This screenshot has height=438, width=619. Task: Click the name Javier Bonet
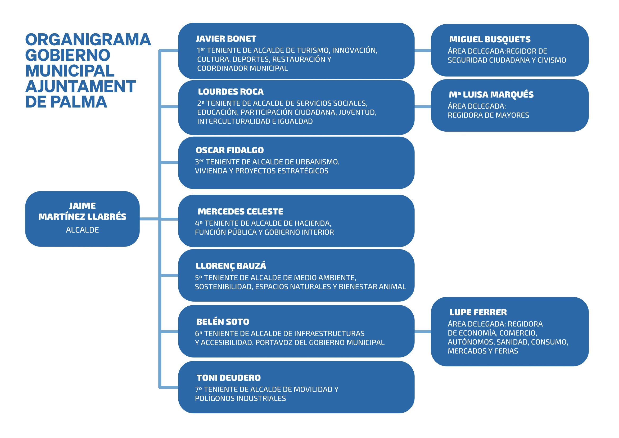[x=226, y=39]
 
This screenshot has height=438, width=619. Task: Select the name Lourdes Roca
[x=231, y=92]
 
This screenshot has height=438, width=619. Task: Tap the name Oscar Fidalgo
[x=230, y=150]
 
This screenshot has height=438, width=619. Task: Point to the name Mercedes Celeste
[x=241, y=211]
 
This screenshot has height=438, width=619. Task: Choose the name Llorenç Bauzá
[x=231, y=266]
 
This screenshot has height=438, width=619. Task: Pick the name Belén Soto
[x=223, y=322]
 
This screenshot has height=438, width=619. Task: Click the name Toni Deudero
[x=229, y=378]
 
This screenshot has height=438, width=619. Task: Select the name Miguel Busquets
[x=490, y=40]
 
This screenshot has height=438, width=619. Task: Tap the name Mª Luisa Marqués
[x=491, y=95]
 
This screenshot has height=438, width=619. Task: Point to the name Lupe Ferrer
[x=478, y=312]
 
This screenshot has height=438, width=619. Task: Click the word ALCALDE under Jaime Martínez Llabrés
[x=83, y=230]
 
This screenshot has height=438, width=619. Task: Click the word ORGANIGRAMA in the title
[x=88, y=40]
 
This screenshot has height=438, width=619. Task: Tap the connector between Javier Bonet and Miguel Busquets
[x=422, y=50]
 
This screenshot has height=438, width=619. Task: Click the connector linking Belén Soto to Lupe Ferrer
[x=422, y=332]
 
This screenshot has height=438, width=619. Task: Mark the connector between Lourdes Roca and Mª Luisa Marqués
[x=422, y=107]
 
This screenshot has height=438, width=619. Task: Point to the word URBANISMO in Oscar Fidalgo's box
[x=317, y=162]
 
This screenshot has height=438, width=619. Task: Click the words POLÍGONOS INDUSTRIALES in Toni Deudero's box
[x=240, y=399]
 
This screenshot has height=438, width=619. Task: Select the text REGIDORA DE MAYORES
[x=488, y=115]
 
